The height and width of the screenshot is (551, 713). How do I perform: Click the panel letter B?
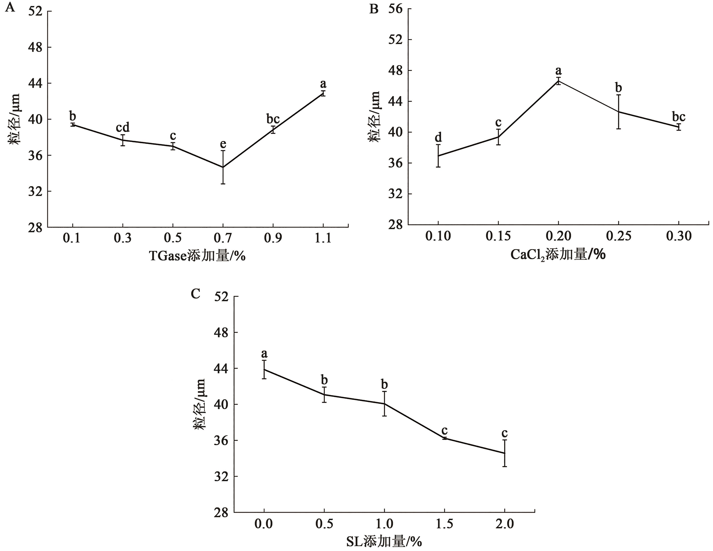coord(373,9)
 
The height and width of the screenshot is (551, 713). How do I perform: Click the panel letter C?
coord(195,294)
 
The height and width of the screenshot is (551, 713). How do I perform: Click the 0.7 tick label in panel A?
coord(223,238)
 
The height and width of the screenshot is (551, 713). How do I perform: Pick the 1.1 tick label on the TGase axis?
coord(323,238)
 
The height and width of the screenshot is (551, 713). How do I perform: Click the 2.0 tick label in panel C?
coord(505,524)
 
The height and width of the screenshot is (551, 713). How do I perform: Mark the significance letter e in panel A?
coord(223,144)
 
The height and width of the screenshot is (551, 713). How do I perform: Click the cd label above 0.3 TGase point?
coord(123,127)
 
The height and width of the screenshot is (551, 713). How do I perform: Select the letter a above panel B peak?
coord(559,71)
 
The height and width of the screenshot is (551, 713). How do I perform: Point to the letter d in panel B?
coord(438,137)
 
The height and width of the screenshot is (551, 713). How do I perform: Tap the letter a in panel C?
coord(264,353)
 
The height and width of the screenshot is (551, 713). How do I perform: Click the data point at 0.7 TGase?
coord(223,167)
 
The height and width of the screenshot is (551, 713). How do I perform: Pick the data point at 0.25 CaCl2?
coord(619,112)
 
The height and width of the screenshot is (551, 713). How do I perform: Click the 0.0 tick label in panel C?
coord(264,524)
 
